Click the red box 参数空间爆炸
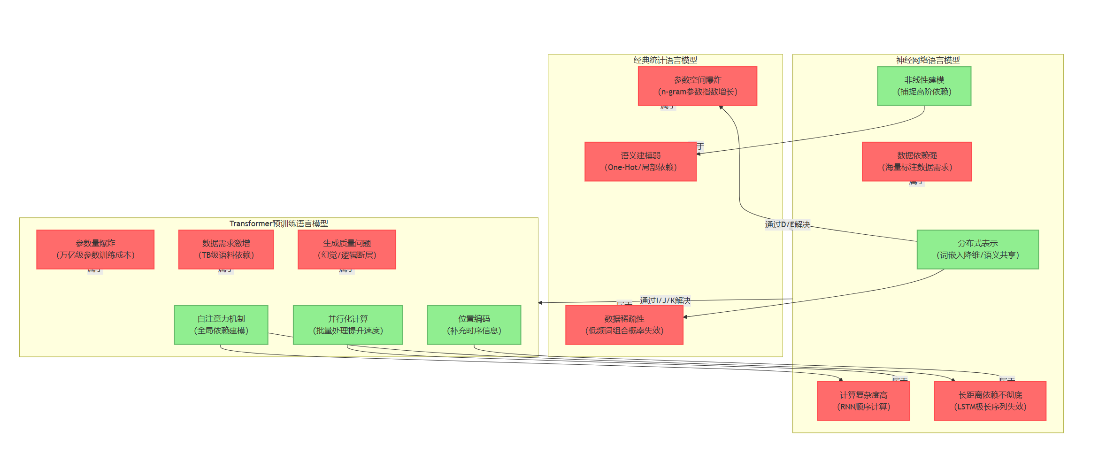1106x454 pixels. tap(697, 86)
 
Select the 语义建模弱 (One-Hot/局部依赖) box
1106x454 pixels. tap(640, 162)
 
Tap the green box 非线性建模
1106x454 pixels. tap(924, 86)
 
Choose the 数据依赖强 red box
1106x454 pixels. tap(916, 162)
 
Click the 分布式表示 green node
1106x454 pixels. tap(977, 249)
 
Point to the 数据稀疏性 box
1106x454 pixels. tap(624, 325)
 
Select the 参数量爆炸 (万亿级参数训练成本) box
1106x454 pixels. tap(95, 249)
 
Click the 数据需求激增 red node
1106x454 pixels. tap(226, 249)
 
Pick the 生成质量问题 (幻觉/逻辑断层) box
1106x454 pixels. tap(346, 249)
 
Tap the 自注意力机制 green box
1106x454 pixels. tap(221, 325)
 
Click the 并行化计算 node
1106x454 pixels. tap(347, 325)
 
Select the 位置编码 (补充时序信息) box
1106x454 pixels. tap(474, 325)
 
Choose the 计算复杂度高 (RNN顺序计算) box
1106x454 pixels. tap(863, 401)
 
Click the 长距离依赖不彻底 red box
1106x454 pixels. tap(990, 401)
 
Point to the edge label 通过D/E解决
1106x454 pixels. tap(787, 224)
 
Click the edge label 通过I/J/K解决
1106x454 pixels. tap(665, 300)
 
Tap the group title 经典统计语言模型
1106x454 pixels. tap(665, 60)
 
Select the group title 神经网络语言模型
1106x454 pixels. tap(928, 60)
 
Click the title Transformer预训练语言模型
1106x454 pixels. tap(278, 223)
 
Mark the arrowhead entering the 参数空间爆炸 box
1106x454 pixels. tap(721, 108)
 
